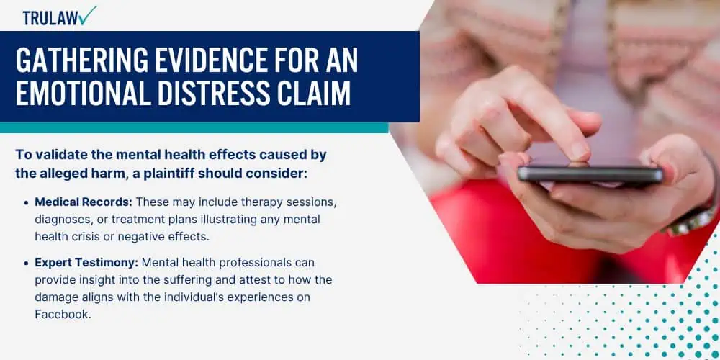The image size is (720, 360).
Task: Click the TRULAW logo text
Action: pos(50,18)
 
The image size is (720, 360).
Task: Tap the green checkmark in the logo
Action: pos(88,15)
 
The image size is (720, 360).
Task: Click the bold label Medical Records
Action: pos(84,202)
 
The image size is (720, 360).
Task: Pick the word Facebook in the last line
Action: pos(60,314)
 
